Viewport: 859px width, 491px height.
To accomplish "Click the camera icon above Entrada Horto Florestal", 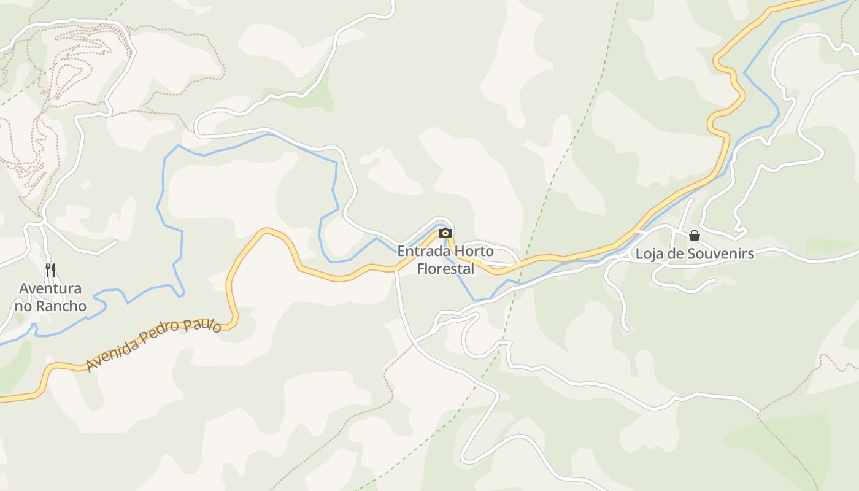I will point(445,233).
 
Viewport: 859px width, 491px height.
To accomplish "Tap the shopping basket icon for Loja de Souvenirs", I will point(695,236).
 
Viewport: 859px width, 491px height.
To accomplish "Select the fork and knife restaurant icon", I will point(50,269).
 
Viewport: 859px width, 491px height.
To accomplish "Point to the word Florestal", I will point(445,269).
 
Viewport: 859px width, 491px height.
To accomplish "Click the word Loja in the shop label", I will point(649,254).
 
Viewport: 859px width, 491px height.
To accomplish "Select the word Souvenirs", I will point(720,254).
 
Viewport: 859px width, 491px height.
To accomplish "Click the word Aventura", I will point(50,288).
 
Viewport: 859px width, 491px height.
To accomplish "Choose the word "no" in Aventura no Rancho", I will point(23,306).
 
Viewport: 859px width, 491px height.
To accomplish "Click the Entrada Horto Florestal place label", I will point(445,260).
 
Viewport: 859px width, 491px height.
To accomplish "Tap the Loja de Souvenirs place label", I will point(695,254).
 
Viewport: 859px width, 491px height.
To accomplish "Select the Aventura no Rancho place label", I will point(50,297).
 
